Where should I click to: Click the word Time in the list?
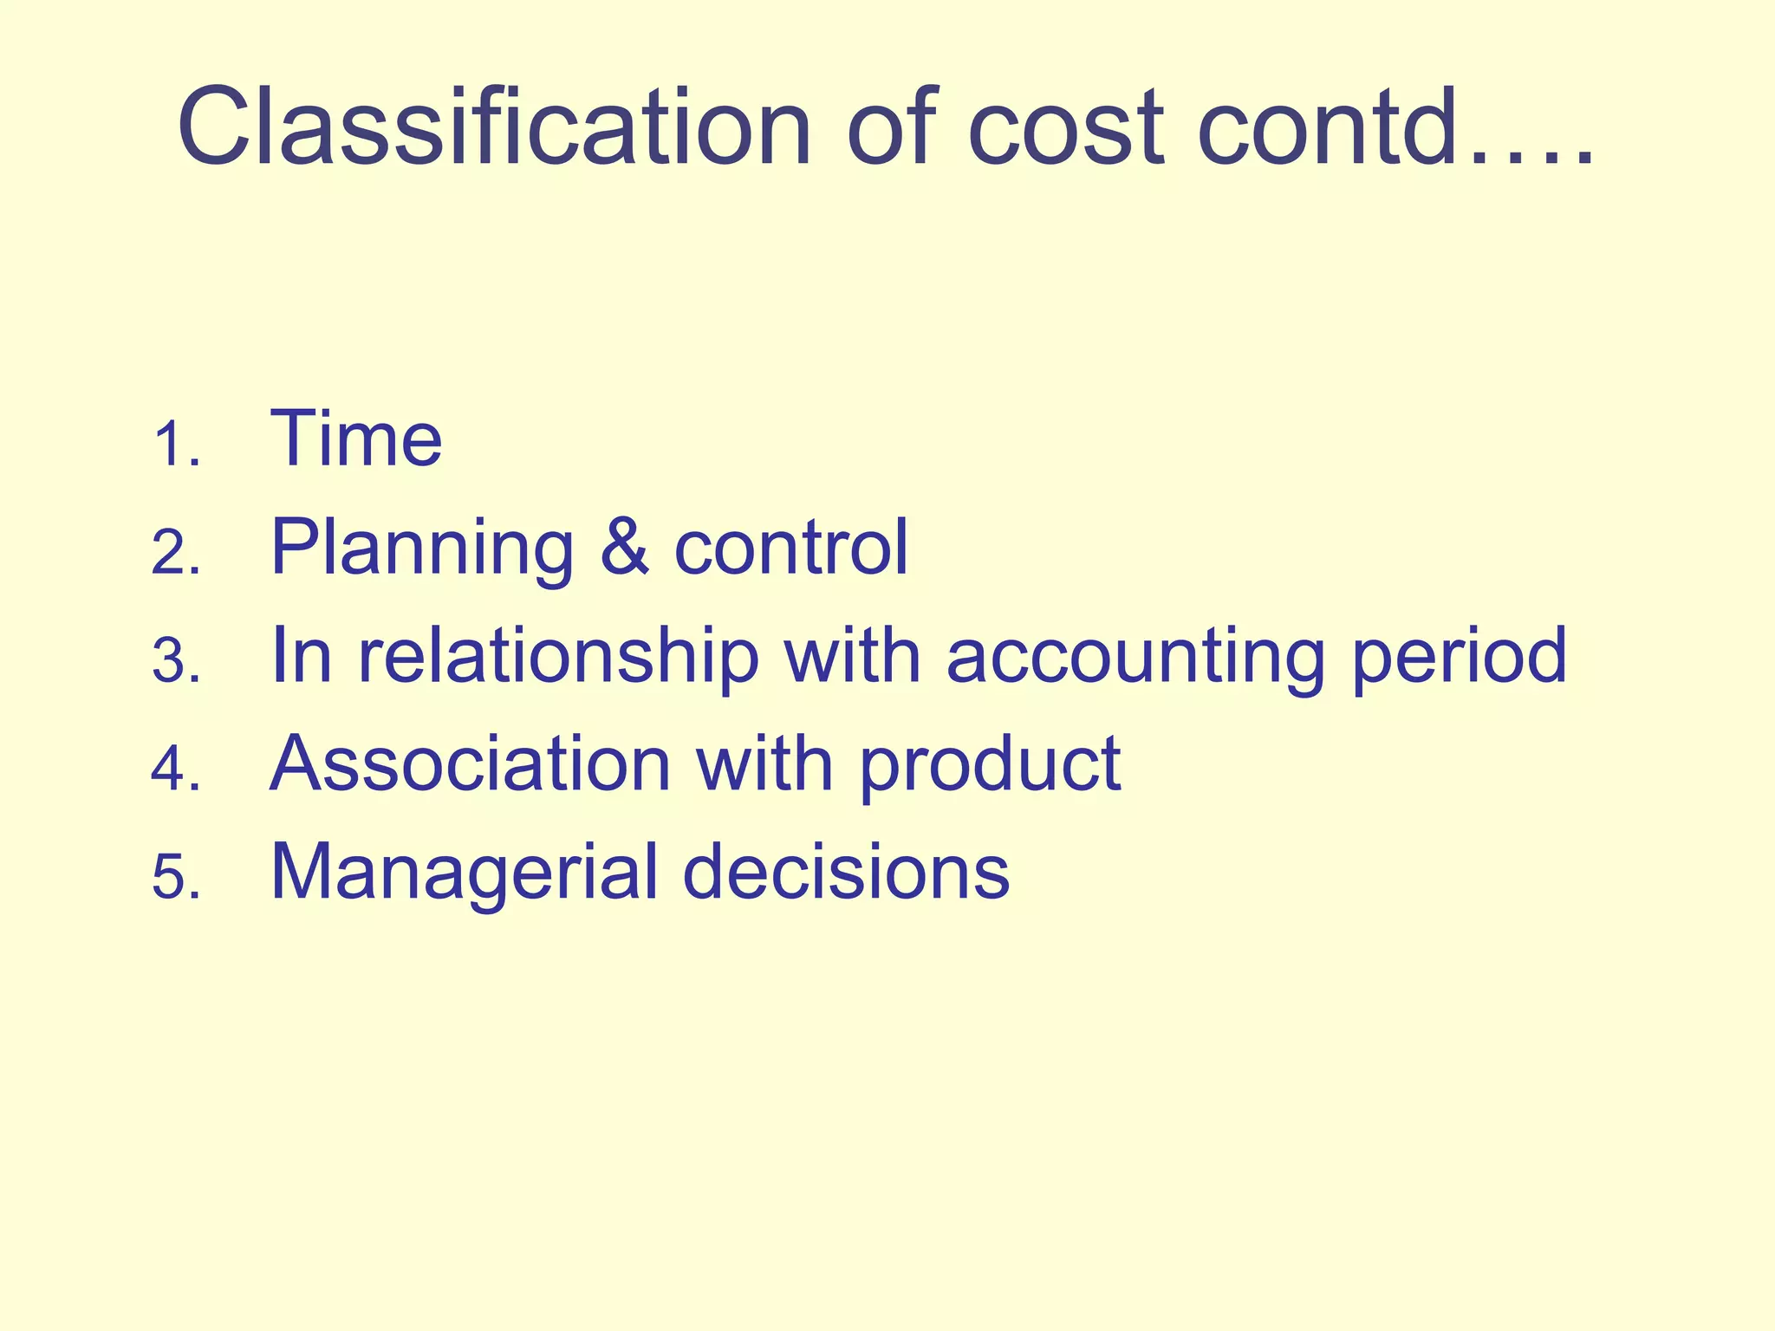[x=356, y=439]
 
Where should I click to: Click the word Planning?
[x=422, y=549]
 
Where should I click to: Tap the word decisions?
[x=846, y=872]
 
